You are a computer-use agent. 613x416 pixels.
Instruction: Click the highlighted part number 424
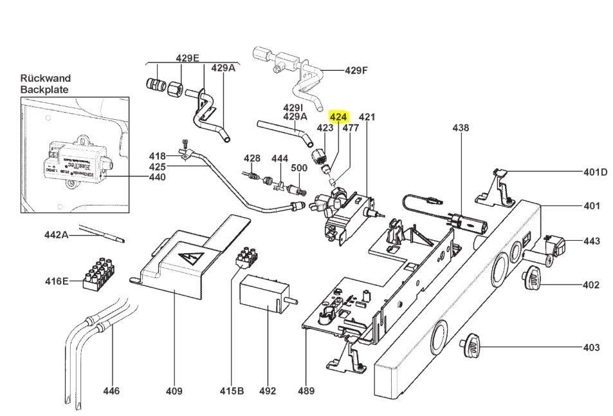click(338, 117)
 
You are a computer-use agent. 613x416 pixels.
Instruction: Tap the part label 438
click(461, 128)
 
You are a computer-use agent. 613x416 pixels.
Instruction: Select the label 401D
click(595, 172)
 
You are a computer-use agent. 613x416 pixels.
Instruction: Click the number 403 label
click(590, 348)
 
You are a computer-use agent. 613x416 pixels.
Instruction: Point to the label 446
click(111, 391)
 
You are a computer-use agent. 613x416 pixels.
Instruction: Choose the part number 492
click(268, 391)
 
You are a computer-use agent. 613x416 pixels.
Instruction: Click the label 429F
click(356, 71)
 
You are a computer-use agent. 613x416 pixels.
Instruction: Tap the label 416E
click(56, 281)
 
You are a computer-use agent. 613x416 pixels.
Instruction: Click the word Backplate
click(44, 90)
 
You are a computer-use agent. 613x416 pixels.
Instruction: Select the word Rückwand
click(45, 79)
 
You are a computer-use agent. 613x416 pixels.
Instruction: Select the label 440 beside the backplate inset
click(158, 176)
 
